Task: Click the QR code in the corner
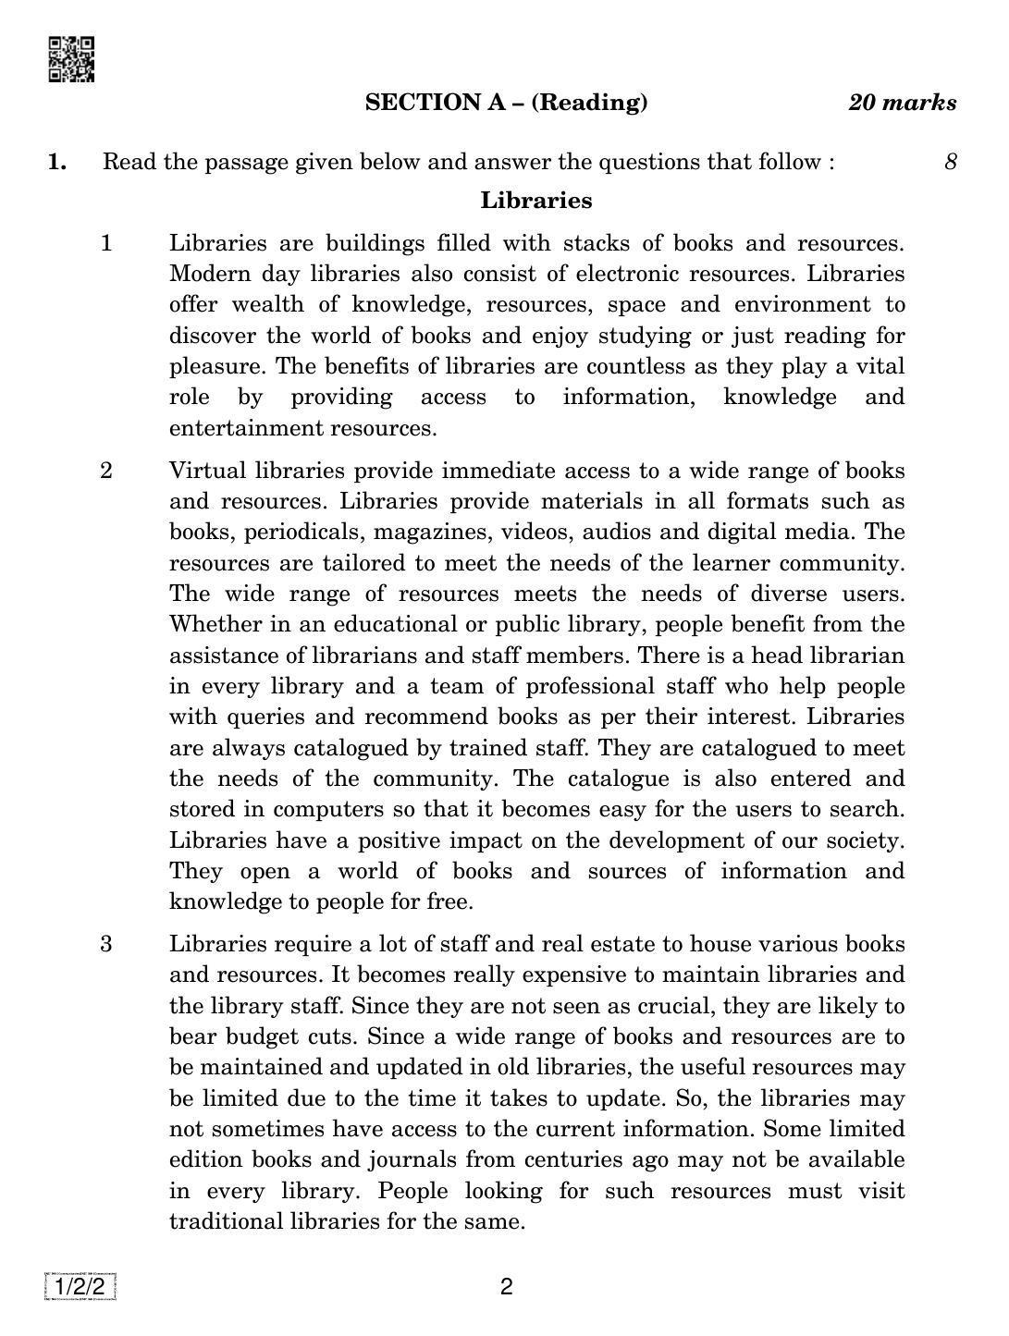click(x=70, y=59)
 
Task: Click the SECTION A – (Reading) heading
click(x=506, y=102)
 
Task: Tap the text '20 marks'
click(x=902, y=103)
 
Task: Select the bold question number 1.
click(x=57, y=163)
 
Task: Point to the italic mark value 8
click(x=950, y=163)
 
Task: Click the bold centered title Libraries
click(x=536, y=201)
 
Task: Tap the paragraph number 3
click(x=106, y=944)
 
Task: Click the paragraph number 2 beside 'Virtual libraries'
click(x=106, y=471)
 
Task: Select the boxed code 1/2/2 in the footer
click(x=80, y=1287)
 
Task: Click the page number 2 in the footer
click(x=506, y=1287)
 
